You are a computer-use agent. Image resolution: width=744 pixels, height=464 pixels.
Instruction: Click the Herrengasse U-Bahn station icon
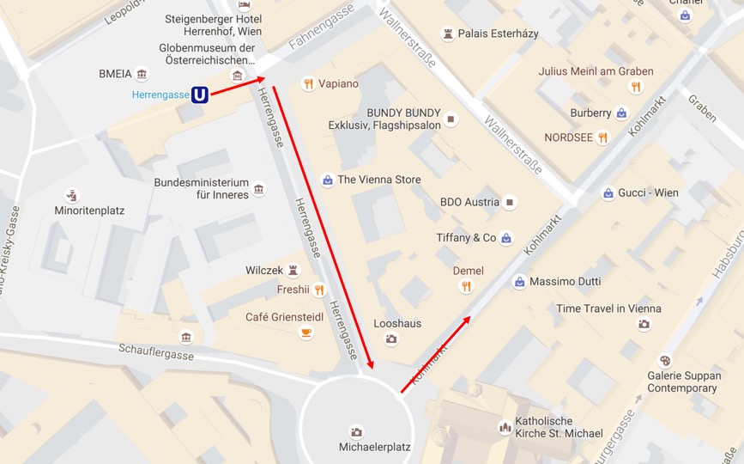pos(199,95)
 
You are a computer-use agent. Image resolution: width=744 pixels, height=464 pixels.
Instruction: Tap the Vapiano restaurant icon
pos(308,84)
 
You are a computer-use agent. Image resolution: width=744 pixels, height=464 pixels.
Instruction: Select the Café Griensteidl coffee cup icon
pos(306,333)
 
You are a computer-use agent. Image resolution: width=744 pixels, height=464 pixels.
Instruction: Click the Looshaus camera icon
pos(391,339)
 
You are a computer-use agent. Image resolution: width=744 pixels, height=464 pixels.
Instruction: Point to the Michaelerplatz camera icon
pos(356,432)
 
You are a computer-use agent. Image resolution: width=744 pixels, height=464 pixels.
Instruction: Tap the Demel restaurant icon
pos(467,287)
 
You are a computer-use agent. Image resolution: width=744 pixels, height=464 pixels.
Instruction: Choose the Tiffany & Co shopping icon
pos(506,238)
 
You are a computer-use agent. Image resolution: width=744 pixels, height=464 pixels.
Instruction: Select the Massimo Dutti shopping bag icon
pos(519,282)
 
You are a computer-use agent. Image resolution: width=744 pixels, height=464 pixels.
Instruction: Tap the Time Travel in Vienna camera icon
pos(644,324)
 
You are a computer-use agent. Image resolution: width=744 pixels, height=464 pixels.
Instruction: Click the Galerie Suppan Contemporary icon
pos(664,361)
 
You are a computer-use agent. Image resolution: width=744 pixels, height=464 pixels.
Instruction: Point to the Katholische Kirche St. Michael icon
pos(505,427)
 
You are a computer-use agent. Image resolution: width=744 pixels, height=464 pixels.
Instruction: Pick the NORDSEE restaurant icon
pos(603,137)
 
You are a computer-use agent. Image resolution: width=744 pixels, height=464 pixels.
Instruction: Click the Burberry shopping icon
pos(622,113)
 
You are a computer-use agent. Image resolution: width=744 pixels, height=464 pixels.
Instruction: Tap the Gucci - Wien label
pos(648,192)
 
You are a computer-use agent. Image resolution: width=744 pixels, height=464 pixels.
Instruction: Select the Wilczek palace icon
pos(293,271)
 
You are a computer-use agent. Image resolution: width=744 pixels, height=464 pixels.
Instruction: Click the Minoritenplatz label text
pos(90,211)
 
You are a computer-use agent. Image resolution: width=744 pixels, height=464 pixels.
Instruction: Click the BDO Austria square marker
pos(510,203)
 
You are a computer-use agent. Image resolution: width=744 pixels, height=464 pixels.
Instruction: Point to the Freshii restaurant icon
pos(319,290)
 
